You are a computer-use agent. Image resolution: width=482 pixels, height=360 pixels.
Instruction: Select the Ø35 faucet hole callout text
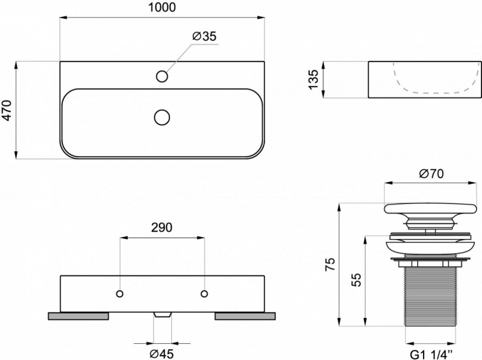tap(204, 37)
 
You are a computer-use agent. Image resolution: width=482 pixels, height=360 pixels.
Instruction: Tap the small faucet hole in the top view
tap(161, 76)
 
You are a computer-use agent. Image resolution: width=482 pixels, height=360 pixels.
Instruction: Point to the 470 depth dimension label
tap(7, 110)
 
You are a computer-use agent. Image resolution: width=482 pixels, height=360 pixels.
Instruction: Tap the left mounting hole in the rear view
tap(120, 294)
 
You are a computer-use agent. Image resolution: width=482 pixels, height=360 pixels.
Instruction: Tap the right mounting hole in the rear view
tap(204, 294)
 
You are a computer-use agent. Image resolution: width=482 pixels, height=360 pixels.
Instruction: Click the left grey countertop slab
tap(78, 316)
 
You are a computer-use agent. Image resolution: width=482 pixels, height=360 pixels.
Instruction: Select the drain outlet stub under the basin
tap(161, 315)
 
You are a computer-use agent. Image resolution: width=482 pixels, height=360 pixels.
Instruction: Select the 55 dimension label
tap(355, 279)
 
